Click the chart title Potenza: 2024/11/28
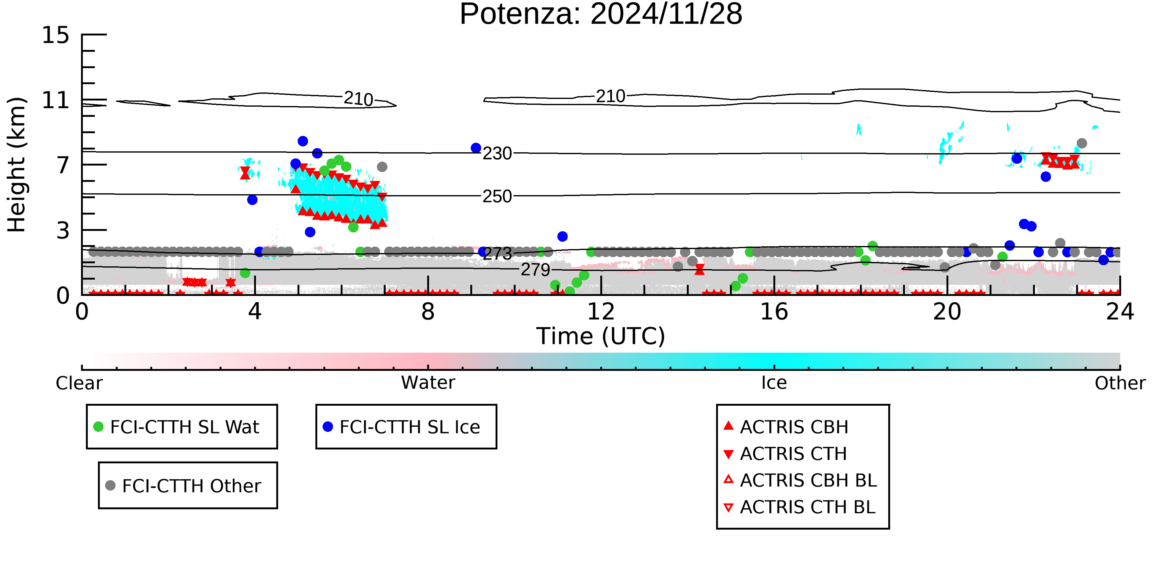click(601, 14)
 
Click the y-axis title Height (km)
click(17, 165)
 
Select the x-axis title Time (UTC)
click(601, 336)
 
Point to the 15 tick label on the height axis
click(56, 35)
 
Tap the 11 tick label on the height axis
click(56, 100)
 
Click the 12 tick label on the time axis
click(601, 311)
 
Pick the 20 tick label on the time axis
click(947, 311)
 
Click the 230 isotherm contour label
click(497, 154)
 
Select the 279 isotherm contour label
click(535, 270)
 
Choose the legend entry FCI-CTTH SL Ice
click(402, 427)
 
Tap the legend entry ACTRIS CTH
click(785, 454)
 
